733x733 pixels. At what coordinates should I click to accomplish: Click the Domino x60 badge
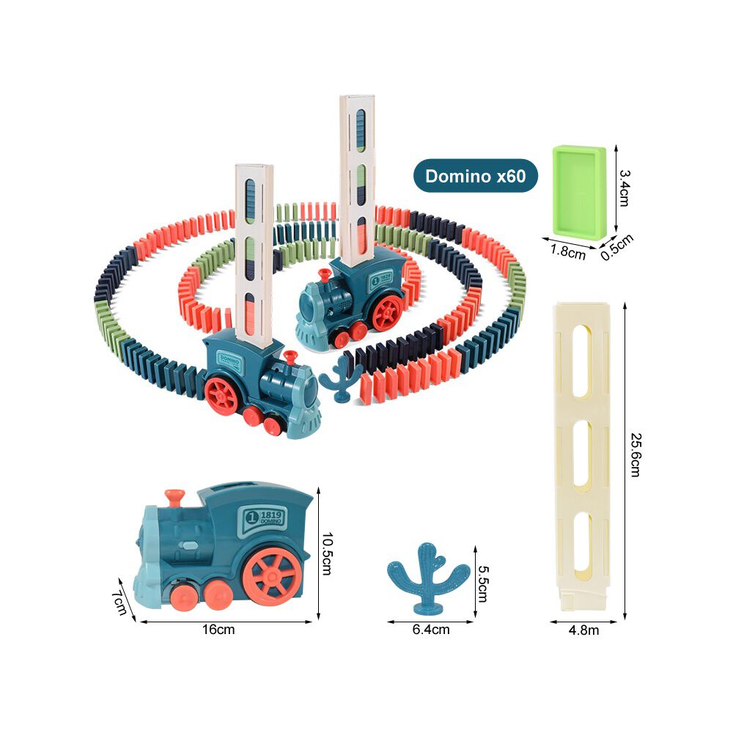click(476, 176)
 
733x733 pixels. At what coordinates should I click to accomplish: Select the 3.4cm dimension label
click(624, 188)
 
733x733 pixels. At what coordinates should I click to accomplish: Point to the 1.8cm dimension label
click(567, 251)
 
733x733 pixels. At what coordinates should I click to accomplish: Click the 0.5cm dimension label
click(617, 247)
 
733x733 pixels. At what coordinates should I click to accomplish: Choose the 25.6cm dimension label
click(636, 455)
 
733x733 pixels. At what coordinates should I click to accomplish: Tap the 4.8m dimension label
click(583, 630)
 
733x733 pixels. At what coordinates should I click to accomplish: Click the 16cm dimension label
click(218, 629)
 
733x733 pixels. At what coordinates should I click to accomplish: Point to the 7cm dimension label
click(119, 602)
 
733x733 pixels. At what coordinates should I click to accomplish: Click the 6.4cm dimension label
click(430, 629)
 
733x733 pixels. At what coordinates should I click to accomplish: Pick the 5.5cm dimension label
click(483, 584)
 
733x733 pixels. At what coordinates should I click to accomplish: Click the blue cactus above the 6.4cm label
click(428, 578)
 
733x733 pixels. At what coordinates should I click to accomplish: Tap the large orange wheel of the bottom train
click(272, 576)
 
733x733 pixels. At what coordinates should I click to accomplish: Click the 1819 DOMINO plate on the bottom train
click(265, 517)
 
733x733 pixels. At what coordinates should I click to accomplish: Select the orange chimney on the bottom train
click(174, 497)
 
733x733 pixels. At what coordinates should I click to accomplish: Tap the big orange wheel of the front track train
click(221, 396)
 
